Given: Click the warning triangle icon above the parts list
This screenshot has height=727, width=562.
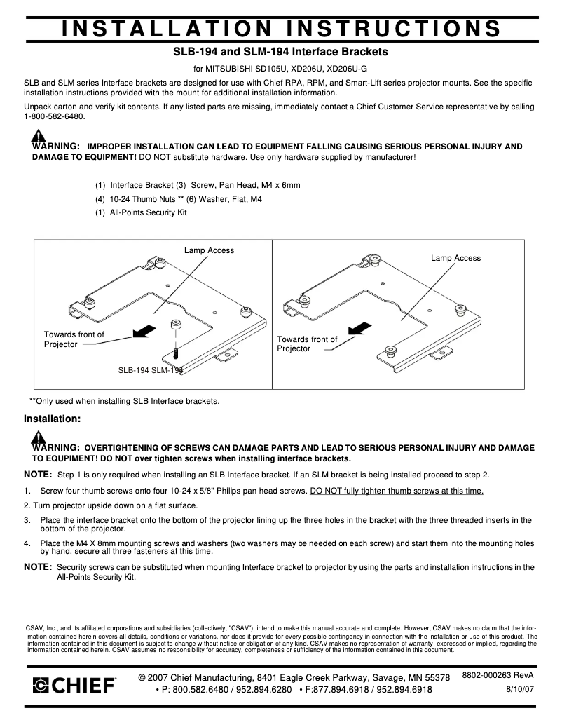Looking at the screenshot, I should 37,136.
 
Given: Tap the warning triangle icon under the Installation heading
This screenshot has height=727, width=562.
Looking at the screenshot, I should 37,437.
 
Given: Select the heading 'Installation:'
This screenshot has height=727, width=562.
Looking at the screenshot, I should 53,419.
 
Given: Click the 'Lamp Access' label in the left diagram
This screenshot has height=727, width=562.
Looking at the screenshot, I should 209,250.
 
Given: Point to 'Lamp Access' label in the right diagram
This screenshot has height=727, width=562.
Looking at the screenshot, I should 455,258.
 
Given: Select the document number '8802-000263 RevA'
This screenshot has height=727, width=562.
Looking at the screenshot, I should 498,674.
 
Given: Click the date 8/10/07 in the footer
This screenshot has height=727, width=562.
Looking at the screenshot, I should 520,689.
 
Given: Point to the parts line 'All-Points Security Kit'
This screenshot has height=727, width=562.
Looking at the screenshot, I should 142,212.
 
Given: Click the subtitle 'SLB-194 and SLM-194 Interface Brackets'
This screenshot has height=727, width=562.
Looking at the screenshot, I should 280,52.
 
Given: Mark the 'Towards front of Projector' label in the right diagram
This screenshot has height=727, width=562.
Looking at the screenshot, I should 306,344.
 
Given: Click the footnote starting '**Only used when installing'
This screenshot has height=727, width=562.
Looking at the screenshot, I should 124,401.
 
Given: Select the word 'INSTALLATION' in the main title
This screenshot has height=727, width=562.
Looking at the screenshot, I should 163,27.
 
